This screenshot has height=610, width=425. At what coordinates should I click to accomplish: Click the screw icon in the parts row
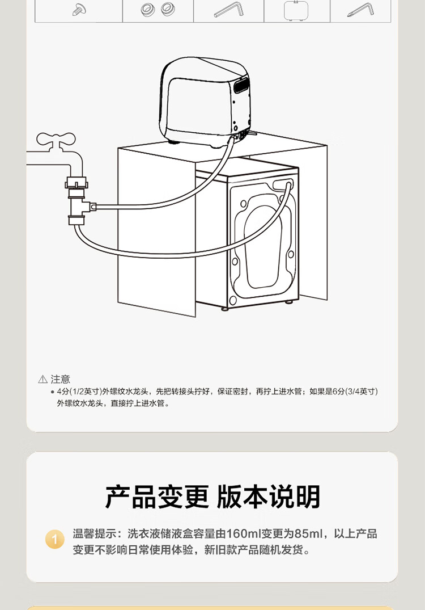click(x=79, y=10)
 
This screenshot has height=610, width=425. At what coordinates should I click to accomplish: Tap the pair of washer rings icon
click(x=158, y=9)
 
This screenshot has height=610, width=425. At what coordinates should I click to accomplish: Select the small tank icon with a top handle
click(x=296, y=10)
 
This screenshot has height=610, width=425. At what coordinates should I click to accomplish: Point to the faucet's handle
click(x=56, y=138)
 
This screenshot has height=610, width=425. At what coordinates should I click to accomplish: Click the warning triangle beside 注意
click(x=43, y=379)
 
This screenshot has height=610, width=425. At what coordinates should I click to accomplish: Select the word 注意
click(x=61, y=379)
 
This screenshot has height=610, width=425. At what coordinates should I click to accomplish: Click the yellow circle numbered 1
click(x=55, y=539)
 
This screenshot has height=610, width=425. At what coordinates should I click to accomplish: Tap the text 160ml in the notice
click(x=244, y=534)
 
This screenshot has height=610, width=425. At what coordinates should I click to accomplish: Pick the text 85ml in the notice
click(x=309, y=534)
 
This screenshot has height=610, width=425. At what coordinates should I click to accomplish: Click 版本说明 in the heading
click(x=269, y=497)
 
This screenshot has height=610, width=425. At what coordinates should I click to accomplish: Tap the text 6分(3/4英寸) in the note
click(x=355, y=392)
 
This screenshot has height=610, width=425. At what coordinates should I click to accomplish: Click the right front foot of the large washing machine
click(x=290, y=302)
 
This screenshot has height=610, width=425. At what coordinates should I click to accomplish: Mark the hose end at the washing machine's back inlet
click(x=288, y=184)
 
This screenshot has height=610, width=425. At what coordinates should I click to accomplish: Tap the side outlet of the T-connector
click(x=93, y=207)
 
